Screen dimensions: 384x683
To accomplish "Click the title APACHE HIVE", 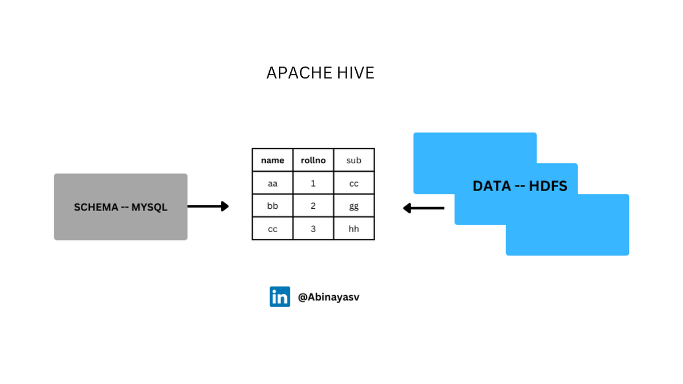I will (x=320, y=73).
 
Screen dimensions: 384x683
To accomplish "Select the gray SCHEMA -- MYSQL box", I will (x=121, y=207).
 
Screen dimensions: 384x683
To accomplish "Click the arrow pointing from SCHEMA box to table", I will (x=208, y=207).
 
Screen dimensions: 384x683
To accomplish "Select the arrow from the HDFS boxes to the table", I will (x=423, y=208).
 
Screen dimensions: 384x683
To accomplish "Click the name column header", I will (x=273, y=160).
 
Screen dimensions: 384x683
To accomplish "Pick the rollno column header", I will (x=313, y=160).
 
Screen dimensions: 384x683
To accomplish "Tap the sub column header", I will (x=354, y=160).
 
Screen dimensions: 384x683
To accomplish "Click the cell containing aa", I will (x=273, y=183).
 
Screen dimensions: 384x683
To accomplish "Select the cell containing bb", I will (x=273, y=206).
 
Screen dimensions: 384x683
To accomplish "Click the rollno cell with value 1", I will (x=313, y=183).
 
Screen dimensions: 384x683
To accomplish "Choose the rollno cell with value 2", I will (x=313, y=206).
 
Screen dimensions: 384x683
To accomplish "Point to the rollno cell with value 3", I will (x=313, y=229).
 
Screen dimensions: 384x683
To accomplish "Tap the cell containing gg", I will (x=354, y=206).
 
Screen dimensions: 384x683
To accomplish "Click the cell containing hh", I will (x=354, y=229).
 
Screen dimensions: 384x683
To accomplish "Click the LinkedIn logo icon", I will (x=279, y=297).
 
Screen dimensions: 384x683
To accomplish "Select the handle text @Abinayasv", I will (x=328, y=297).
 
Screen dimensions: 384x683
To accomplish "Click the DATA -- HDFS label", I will (x=520, y=186).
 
